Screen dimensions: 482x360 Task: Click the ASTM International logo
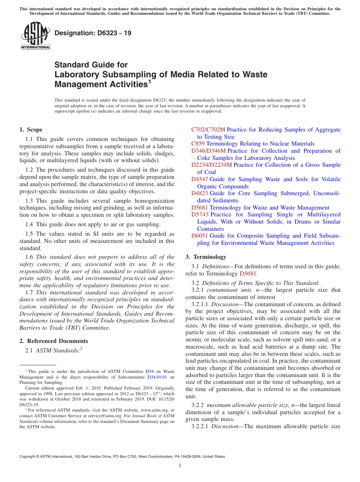pyautogui.click(x=35, y=36)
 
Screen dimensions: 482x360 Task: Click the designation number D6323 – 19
pyautogui.click(x=93, y=33)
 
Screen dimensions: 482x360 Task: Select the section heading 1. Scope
pyautogui.click(x=31, y=130)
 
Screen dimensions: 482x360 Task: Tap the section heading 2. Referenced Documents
pyautogui.click(x=54, y=341)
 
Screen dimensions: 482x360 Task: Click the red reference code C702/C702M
pyautogui.click(x=208, y=130)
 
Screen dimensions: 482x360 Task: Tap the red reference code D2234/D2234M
pyautogui.click(x=211, y=165)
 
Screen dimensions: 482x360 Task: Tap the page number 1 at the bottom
pyautogui.click(x=180, y=466)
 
